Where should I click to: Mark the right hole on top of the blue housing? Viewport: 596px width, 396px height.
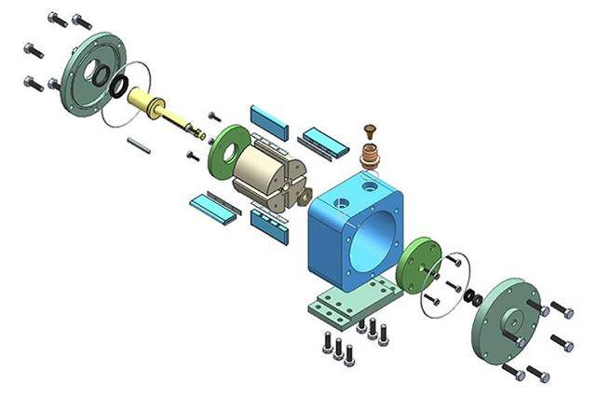tap(372, 187)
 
